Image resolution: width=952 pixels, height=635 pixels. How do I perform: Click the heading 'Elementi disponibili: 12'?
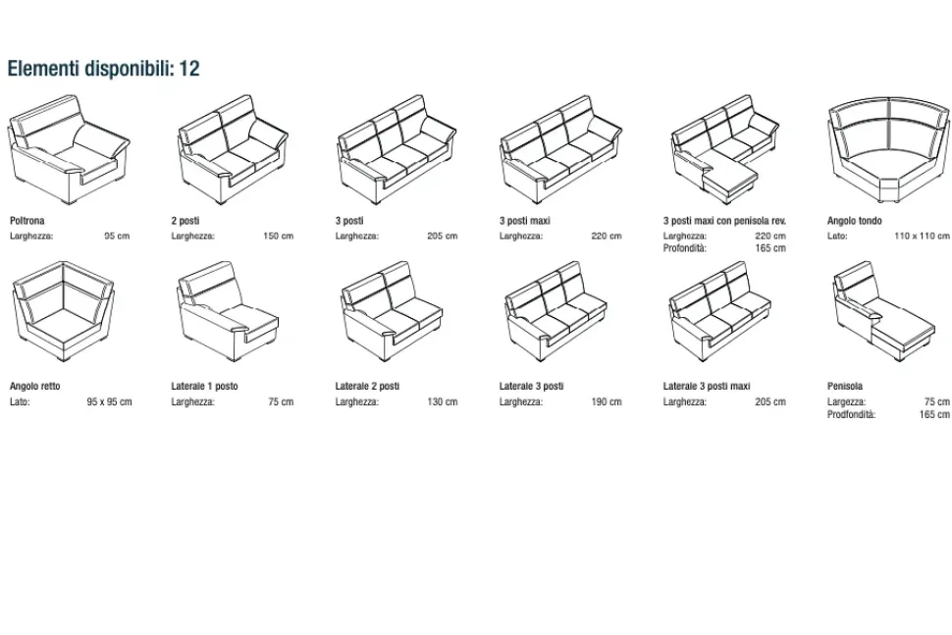pos(103,69)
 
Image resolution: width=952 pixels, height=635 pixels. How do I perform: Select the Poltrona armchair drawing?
pos(69,149)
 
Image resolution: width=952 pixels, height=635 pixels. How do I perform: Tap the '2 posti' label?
pos(185,221)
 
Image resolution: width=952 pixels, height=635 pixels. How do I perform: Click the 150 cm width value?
pos(278,237)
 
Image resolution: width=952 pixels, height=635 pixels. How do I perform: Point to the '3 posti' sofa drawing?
pos(397,149)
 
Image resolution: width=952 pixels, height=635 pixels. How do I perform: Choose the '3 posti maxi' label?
pos(524,221)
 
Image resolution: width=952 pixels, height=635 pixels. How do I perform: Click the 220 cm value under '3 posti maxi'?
pos(607,237)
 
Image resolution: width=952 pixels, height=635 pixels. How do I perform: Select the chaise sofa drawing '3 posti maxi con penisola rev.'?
pos(725,149)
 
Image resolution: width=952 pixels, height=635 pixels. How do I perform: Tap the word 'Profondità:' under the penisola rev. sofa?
pos(685,248)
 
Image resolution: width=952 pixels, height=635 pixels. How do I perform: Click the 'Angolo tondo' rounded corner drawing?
pos(889,149)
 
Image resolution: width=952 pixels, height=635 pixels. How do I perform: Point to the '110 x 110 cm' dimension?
pos(922,237)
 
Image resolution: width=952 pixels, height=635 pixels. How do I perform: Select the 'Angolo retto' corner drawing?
pos(63,311)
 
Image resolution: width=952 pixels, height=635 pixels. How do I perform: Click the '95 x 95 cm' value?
pos(109,401)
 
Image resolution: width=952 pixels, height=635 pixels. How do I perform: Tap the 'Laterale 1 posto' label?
pos(204,386)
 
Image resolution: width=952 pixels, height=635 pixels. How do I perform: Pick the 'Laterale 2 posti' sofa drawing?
pos(393,311)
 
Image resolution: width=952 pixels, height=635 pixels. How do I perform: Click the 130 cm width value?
pos(442,401)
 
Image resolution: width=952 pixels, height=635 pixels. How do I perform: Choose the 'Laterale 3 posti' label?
pos(531,386)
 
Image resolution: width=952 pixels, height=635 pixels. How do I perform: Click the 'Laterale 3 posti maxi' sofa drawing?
pos(720,311)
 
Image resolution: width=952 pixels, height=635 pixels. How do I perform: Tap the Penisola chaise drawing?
pos(884,311)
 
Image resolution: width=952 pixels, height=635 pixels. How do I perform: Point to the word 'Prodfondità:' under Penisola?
pos(851,415)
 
